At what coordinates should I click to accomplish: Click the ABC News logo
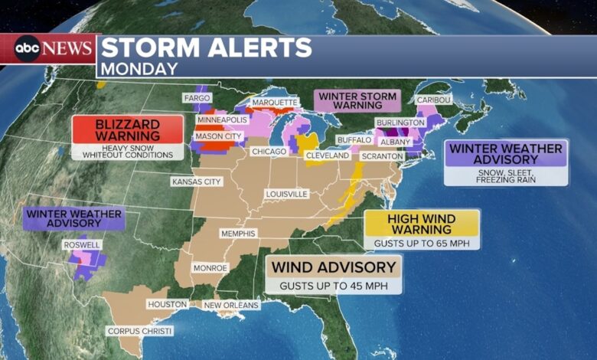[49, 48]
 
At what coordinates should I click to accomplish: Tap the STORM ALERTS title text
[206, 47]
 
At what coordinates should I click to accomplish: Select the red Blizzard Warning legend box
[128, 129]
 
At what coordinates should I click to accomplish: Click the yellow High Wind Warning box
[422, 223]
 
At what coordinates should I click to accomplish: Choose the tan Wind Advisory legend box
[334, 267]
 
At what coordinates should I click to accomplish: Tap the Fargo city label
[196, 98]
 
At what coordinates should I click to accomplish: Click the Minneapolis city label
[222, 120]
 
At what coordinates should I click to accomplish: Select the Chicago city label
[269, 152]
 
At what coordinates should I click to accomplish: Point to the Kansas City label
[196, 182]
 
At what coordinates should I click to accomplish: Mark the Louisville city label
[286, 194]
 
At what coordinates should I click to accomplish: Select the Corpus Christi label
[139, 331]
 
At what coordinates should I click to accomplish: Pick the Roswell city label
[82, 245]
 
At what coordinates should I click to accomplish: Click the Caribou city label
[434, 100]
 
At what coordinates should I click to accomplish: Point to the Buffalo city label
[354, 140]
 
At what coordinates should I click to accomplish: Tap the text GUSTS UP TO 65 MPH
[422, 242]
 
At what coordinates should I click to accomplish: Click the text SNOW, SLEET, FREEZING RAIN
[506, 175]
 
